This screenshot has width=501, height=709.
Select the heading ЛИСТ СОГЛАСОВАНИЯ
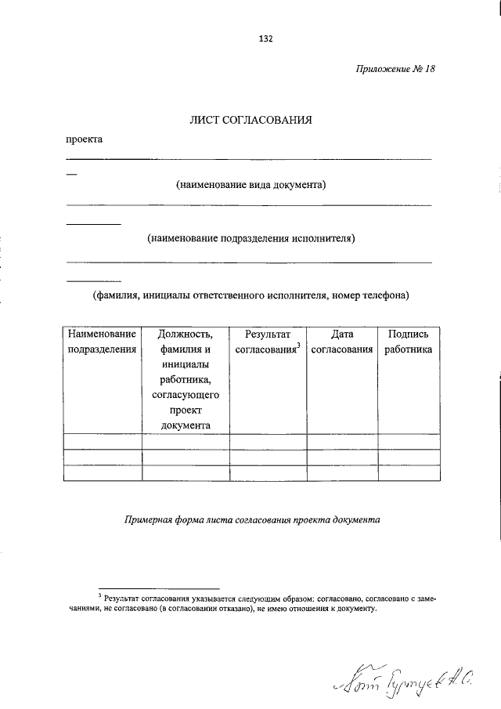(250, 121)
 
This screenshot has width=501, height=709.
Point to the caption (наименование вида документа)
(250, 185)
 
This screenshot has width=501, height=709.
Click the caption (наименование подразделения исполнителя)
(250, 237)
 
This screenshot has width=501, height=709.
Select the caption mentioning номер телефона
(250, 296)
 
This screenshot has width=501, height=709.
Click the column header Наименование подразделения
(103, 342)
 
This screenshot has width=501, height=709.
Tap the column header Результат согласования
(267, 342)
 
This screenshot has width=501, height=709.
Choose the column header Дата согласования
(341, 342)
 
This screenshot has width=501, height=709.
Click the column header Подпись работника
(408, 342)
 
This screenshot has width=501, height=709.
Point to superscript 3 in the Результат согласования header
(299, 346)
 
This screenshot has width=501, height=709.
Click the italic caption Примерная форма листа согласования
(251, 519)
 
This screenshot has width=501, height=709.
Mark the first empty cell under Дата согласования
(341, 441)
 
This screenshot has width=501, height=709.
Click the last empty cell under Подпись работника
(408, 472)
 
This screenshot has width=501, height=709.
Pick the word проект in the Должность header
(185, 410)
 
